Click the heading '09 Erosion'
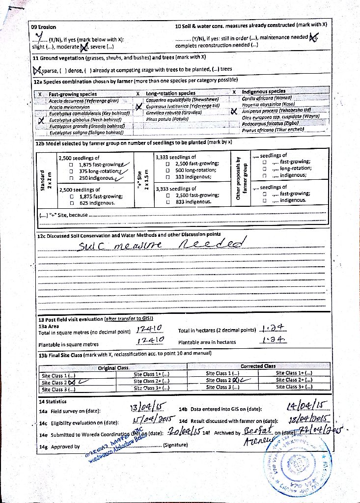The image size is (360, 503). [x=44, y=27]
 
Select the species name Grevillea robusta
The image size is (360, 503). [x=167, y=112]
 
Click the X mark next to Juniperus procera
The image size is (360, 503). [x=234, y=112]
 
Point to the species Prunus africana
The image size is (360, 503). [x=273, y=130]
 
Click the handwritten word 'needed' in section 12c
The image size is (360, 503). [x=212, y=244]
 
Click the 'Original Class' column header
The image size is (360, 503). [x=113, y=368]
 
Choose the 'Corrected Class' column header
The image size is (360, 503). [x=258, y=366]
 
